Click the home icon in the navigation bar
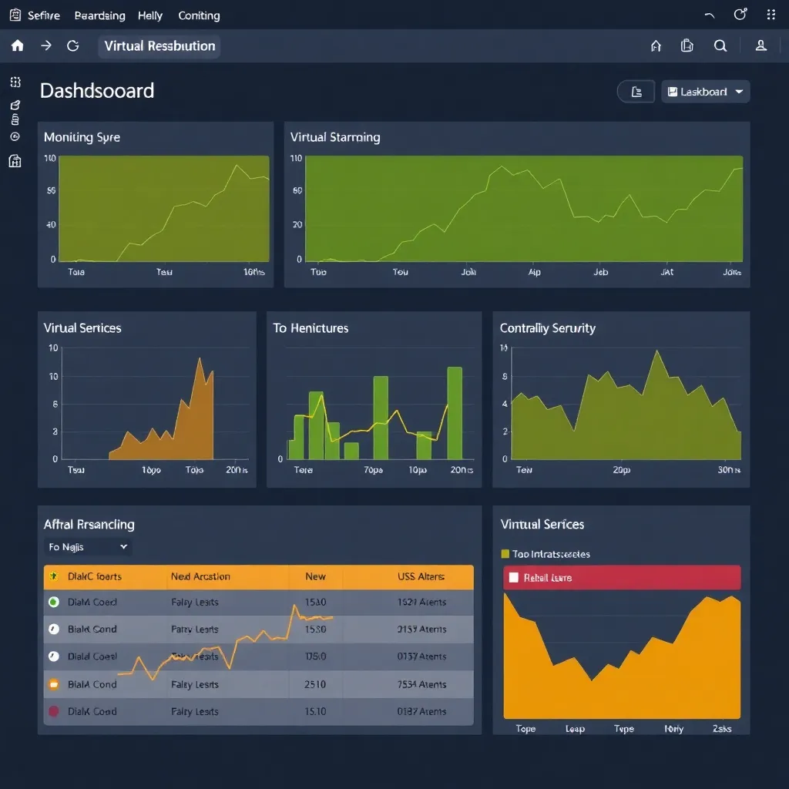[x=18, y=45]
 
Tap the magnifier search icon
[x=720, y=45]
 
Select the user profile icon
[x=760, y=45]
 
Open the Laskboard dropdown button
[x=705, y=92]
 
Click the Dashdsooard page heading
[x=97, y=91]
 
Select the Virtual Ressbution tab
[x=159, y=45]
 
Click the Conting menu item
[x=199, y=15]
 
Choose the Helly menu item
[x=150, y=15]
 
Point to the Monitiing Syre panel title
[x=82, y=137]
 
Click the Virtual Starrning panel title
[x=335, y=137]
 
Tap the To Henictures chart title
[x=311, y=328]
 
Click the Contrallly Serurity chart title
[x=547, y=328]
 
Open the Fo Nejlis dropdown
[x=88, y=547]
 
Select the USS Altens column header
[x=421, y=576]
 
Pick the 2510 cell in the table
[x=315, y=684]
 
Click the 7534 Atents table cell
[x=421, y=684]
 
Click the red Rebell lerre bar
[x=622, y=577]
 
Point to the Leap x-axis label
[x=575, y=729]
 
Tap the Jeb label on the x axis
[x=601, y=272]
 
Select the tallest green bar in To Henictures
[x=455, y=414]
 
